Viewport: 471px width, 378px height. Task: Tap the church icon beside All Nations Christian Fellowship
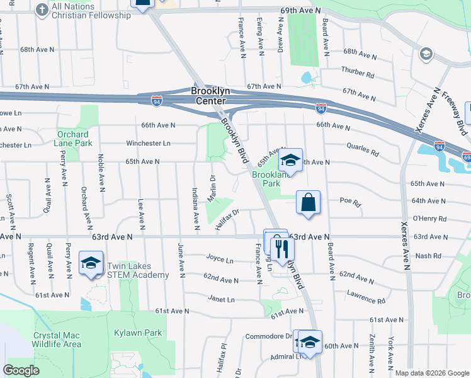click(42, 9)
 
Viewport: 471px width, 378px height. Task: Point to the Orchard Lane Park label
click(74, 139)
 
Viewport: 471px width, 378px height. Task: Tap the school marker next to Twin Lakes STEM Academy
click(91, 263)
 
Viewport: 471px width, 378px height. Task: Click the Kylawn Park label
click(138, 333)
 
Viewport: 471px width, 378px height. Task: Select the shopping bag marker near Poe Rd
click(309, 203)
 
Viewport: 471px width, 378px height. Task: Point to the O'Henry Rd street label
click(429, 219)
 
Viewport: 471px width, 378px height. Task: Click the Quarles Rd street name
click(362, 152)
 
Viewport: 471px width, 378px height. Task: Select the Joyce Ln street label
click(219, 259)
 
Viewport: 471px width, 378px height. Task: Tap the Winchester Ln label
click(149, 143)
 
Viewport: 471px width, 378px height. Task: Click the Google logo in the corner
click(21, 370)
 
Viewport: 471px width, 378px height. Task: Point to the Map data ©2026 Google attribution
click(432, 373)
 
